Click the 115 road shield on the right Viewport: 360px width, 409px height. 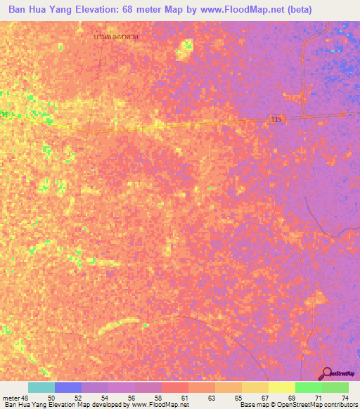coord(277,121)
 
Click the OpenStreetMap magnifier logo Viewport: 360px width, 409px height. coord(327,373)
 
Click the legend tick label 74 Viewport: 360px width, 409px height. coord(345,398)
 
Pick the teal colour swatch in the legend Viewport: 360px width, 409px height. coord(41,387)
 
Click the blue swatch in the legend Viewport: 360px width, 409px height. coord(68,387)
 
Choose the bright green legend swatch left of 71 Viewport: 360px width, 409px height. coord(309,387)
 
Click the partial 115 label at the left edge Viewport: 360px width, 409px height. coord(5,115)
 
